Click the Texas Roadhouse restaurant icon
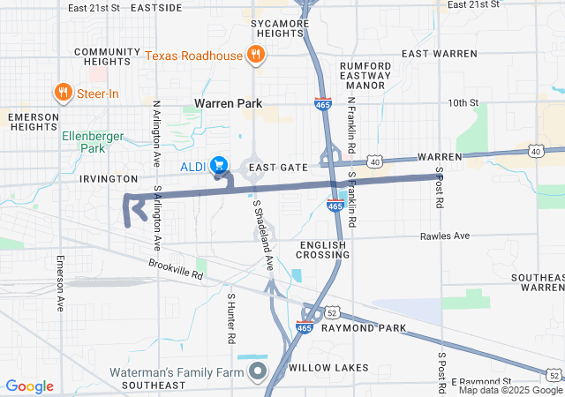(x=255, y=55)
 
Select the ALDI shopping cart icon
(x=219, y=165)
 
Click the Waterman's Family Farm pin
(x=257, y=371)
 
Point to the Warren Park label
(x=229, y=103)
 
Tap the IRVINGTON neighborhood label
(x=109, y=178)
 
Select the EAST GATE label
(x=277, y=167)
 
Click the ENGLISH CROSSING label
(x=325, y=250)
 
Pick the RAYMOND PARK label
(x=370, y=328)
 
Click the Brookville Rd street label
(x=177, y=269)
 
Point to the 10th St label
(x=462, y=103)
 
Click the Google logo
(x=30, y=386)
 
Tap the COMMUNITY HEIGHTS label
(x=108, y=56)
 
